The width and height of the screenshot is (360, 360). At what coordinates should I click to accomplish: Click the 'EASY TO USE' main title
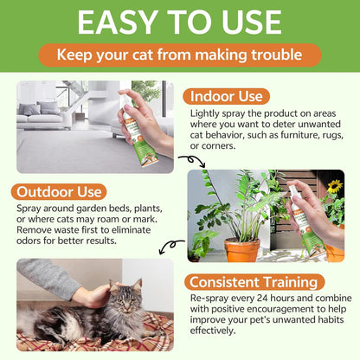click(x=180, y=23)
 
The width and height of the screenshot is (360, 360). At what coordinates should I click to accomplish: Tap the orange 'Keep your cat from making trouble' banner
click(x=180, y=56)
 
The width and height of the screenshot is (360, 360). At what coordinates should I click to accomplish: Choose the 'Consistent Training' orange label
click(x=254, y=282)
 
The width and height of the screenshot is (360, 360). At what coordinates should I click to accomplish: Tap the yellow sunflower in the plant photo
click(x=334, y=186)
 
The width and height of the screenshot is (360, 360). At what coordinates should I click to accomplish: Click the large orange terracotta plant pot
click(x=241, y=250)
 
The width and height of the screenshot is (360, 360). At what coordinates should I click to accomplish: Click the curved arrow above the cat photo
click(x=172, y=246)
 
